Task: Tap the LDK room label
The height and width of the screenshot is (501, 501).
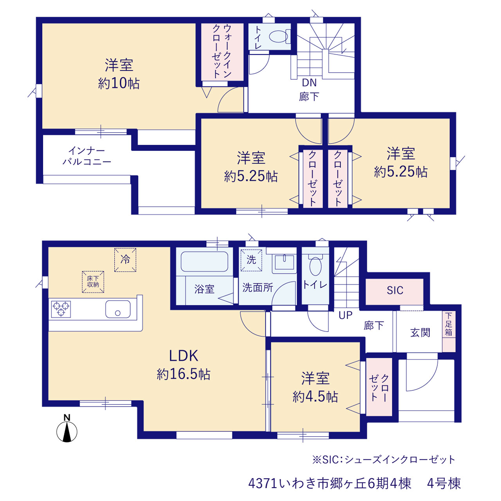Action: click(184, 356)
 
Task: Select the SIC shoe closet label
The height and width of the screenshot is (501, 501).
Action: click(395, 290)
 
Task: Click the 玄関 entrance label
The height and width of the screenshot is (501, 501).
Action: click(420, 333)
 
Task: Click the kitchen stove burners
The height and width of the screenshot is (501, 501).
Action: click(61, 309)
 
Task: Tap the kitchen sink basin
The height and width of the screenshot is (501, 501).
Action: click(118, 309)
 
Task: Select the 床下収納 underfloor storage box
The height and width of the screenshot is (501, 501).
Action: click(93, 282)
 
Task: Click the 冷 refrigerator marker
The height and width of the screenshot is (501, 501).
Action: click(125, 260)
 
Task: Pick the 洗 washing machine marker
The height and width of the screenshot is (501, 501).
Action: click(251, 260)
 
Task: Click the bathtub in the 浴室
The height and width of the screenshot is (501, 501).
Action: click(204, 261)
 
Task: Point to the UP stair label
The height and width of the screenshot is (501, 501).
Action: click(346, 315)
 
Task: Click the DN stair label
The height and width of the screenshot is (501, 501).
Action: click(309, 83)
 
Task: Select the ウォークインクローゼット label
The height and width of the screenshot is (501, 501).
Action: click(222, 51)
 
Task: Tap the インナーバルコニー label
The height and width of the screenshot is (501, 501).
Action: click(87, 156)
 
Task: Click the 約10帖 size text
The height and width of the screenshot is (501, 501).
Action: click(119, 83)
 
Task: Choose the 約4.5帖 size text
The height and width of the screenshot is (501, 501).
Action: click(315, 397)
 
